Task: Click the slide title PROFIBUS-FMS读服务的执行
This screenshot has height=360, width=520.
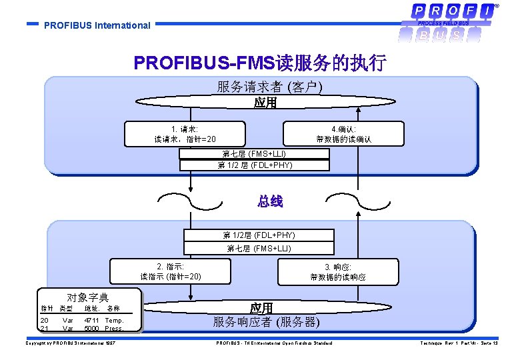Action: (260, 63)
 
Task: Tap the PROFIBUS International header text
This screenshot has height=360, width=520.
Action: (97, 26)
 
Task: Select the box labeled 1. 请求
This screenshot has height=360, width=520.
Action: (185, 134)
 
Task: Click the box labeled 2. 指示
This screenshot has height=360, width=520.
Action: (171, 271)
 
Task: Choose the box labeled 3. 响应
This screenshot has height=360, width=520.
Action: (337, 271)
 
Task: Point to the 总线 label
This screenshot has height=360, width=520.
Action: (270, 201)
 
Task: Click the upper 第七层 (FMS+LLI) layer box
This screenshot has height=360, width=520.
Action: (254, 154)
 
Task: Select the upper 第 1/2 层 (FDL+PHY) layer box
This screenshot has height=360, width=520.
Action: (254, 165)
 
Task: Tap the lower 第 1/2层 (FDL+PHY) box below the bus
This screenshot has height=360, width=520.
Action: (259, 235)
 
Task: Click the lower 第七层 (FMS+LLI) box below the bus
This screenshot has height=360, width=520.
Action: (259, 248)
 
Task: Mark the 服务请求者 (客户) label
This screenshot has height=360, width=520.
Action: (269, 87)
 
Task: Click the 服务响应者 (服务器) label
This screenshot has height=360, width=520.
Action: (266, 322)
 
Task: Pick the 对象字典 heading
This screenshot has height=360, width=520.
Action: (88, 298)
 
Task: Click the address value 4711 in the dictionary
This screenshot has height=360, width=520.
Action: (91, 321)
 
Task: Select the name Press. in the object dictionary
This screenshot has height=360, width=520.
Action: (114, 328)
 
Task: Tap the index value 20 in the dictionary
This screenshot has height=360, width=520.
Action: (44, 321)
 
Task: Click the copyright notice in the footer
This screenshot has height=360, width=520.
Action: (70, 343)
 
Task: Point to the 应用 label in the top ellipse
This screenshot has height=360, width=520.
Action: (265, 103)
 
